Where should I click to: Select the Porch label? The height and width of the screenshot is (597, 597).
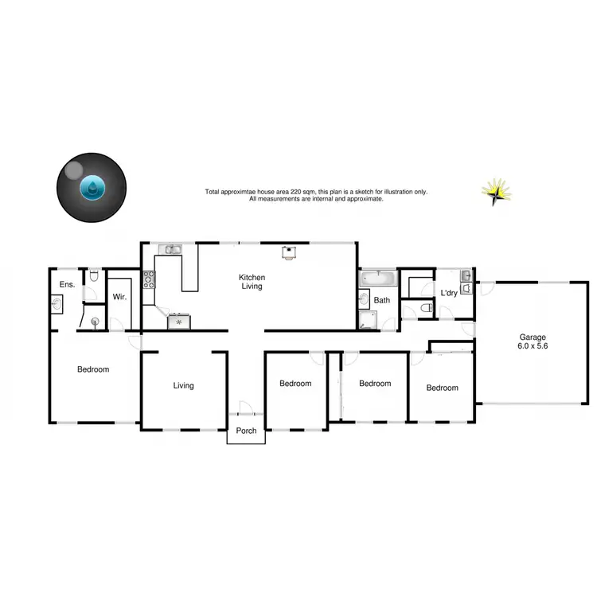(246, 435)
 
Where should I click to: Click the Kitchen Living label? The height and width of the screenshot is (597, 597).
(252, 283)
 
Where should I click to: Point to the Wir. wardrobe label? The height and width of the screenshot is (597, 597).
(120, 296)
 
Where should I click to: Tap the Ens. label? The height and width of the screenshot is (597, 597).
(66, 284)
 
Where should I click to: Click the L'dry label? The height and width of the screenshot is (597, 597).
(450, 293)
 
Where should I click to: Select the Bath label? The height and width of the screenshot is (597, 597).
(382, 300)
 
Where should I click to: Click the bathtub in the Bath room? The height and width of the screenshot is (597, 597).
(377, 279)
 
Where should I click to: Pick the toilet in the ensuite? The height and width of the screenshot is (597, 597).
(94, 277)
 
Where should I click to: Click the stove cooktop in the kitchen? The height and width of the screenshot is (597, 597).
(149, 279)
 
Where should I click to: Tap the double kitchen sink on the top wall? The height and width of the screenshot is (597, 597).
(170, 250)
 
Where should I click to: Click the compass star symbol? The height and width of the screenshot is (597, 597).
(496, 191)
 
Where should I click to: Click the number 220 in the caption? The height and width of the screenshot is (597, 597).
(306, 192)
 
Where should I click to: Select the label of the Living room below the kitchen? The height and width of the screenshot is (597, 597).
(184, 385)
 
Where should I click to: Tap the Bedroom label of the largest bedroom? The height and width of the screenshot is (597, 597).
(93, 369)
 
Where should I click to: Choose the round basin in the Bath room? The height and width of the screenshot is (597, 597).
(364, 300)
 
